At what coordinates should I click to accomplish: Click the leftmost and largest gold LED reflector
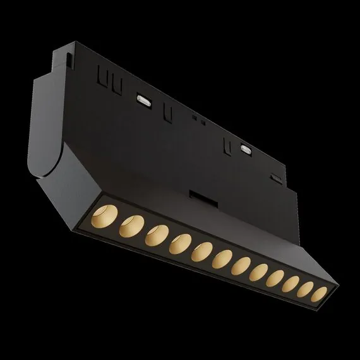coord(109,213)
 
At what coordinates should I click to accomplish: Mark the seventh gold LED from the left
coord(243,266)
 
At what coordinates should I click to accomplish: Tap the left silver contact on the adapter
coord(143,100)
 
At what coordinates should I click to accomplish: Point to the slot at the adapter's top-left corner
coord(66,60)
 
